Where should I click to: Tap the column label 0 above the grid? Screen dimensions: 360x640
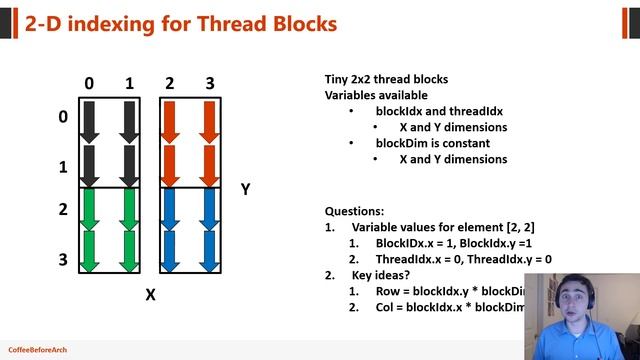click(89, 84)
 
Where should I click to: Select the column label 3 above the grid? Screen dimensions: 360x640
click(209, 84)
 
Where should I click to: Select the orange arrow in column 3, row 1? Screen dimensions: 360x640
click(209, 165)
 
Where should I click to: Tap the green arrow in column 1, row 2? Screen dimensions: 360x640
click(128, 211)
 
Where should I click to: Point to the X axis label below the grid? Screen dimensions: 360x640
click(151, 294)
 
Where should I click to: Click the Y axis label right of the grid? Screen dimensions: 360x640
click(245, 189)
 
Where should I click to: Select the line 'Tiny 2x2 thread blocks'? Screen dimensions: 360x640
click(386, 80)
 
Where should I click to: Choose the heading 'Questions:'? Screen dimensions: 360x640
click(354, 211)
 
